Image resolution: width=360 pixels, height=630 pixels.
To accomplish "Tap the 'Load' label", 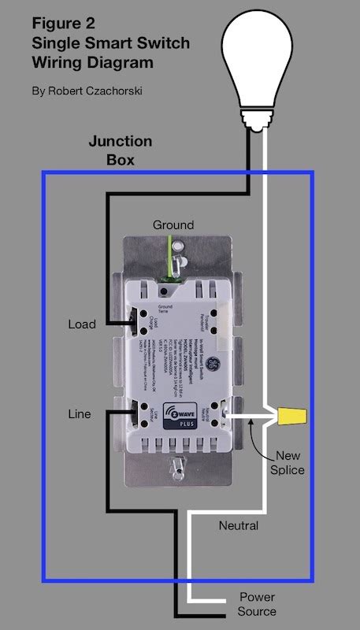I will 82,324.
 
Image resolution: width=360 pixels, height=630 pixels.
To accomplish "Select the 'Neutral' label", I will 238,525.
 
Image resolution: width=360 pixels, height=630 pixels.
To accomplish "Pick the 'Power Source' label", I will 257,604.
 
